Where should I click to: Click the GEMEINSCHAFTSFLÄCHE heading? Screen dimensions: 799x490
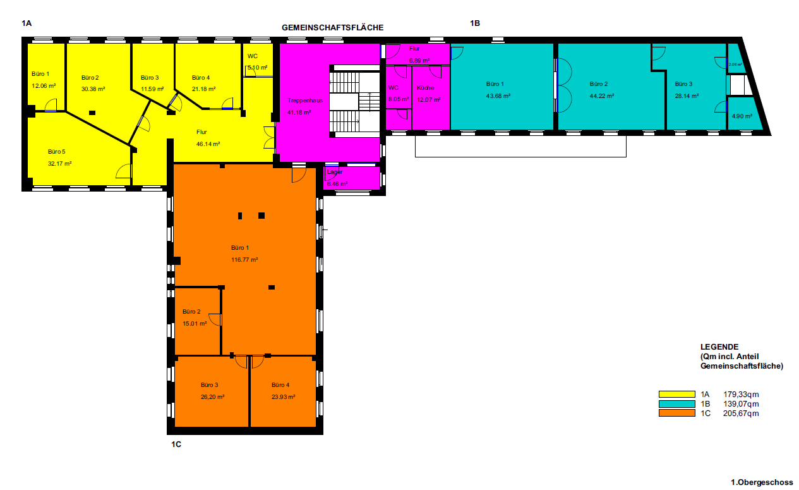coord(332,27)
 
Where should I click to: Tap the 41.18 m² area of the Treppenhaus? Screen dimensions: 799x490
coord(299,112)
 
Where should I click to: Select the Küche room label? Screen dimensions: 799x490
coord(425,88)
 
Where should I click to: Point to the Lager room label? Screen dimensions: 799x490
coord(335,172)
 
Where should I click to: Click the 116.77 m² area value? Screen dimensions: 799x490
coord(244,260)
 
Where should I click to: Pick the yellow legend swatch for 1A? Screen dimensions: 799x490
coord(676,395)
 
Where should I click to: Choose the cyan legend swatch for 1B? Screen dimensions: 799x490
coord(676,404)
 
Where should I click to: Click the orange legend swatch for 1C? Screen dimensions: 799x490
coord(676,413)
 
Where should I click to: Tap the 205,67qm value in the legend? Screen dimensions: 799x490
coord(741,413)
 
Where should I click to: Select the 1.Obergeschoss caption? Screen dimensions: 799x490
coord(762,482)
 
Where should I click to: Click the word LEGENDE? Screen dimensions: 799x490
coord(719,346)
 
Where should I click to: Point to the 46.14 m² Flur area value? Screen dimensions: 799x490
coord(208,144)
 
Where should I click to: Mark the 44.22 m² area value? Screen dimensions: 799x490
coord(602,95)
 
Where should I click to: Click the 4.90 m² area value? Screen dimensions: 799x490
coord(742,116)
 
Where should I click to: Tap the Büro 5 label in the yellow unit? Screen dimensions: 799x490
coord(57,152)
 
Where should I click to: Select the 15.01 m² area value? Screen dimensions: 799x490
coord(195,324)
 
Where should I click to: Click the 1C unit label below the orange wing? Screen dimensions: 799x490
coord(176,444)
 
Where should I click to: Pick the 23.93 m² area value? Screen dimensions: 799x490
coord(283,397)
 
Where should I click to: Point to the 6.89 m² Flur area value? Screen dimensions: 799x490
coord(419,60)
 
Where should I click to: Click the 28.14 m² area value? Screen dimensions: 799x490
coord(687,95)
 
